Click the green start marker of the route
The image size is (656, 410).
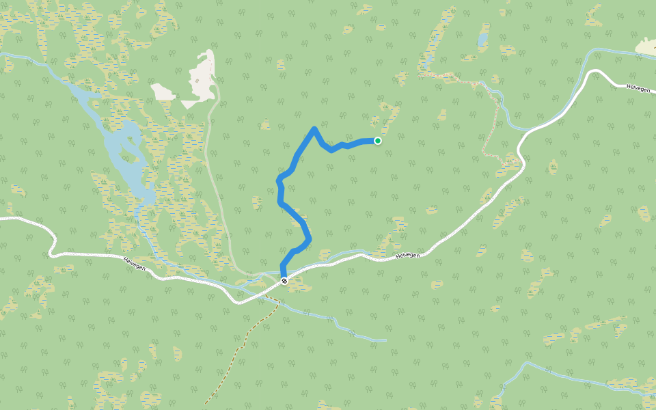click(x=377, y=141)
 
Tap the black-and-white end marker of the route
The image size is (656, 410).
click(x=284, y=280)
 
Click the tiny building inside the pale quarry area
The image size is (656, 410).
click(x=197, y=81)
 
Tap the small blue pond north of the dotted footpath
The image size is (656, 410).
click(x=483, y=38)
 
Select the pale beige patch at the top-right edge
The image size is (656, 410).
click(x=646, y=46)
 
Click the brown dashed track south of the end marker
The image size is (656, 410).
click(x=239, y=348)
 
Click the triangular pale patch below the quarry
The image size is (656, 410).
click(x=189, y=104)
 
